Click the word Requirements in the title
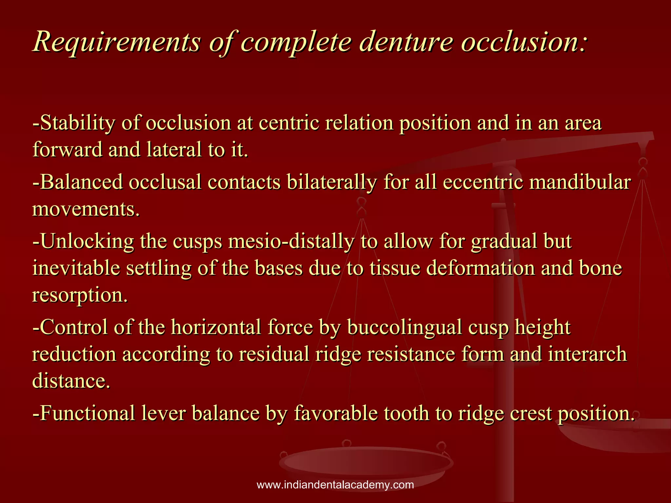pyautogui.click(x=117, y=42)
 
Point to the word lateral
pyautogui.click(x=174, y=150)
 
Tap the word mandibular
pyautogui.click(x=580, y=182)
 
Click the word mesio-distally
pyautogui.click(x=291, y=242)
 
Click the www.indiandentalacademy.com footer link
pyautogui.click(x=335, y=485)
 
